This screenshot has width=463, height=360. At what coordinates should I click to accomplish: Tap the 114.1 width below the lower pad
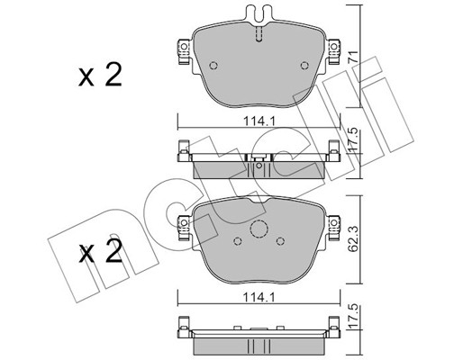(x=258, y=293)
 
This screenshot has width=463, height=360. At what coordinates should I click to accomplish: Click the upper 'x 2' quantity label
(x=99, y=76)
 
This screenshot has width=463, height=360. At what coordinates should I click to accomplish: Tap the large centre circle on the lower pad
(x=259, y=230)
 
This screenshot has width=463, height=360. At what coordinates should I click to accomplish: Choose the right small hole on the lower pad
(x=280, y=241)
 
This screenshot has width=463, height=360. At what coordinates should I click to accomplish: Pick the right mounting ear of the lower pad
(x=332, y=219)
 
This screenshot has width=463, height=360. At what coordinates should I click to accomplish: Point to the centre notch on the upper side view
(x=259, y=164)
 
